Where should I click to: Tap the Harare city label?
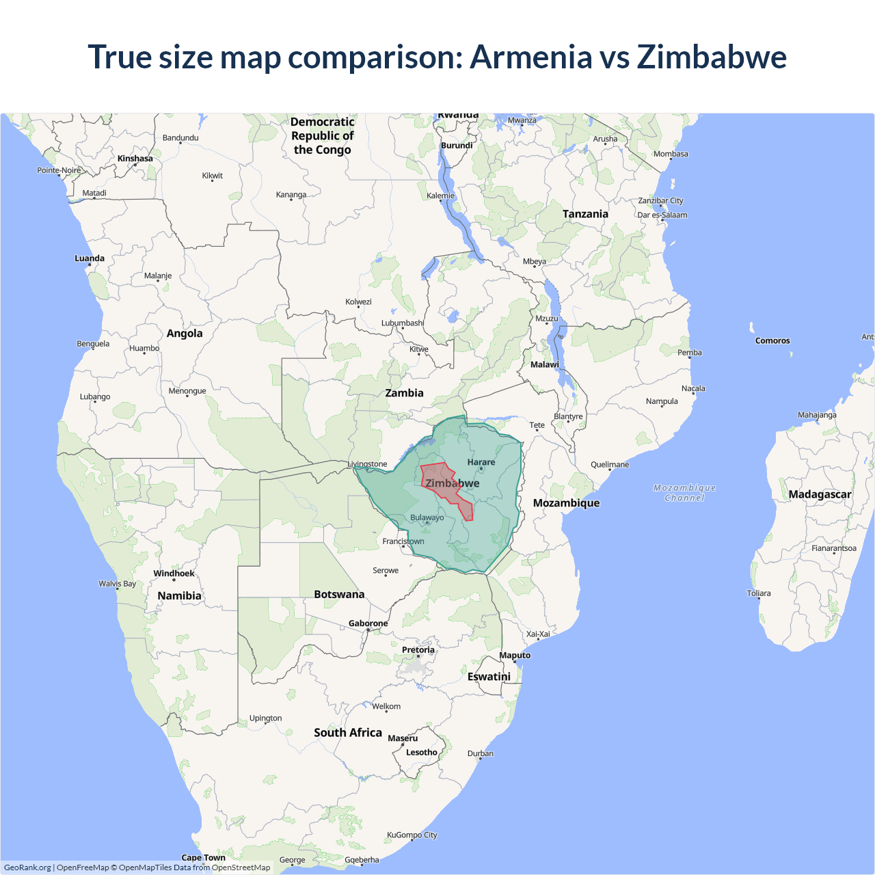click(x=481, y=462)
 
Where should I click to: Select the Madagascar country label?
click(x=820, y=494)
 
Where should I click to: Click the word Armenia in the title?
click(x=531, y=57)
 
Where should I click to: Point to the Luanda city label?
click(x=90, y=258)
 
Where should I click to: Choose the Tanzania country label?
click(x=585, y=214)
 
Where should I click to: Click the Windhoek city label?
click(x=174, y=574)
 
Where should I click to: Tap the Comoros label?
click(x=772, y=340)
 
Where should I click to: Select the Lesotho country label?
click(x=422, y=753)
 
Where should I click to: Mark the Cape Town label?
click(x=203, y=857)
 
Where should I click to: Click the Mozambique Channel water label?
click(x=684, y=492)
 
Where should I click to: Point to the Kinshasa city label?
click(x=135, y=159)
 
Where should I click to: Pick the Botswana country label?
click(x=339, y=595)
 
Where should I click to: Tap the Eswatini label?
click(x=489, y=677)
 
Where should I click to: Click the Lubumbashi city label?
click(x=403, y=323)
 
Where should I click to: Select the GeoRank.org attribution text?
click(x=27, y=867)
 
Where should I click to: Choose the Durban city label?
click(x=481, y=753)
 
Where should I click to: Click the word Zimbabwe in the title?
click(x=712, y=57)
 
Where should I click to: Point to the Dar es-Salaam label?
click(x=662, y=215)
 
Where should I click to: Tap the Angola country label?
click(x=185, y=334)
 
